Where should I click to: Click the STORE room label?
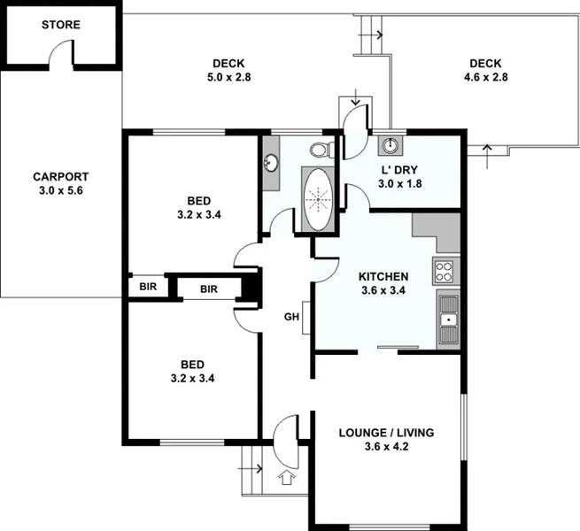click(x=60, y=25)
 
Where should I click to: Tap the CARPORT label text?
click(x=60, y=175)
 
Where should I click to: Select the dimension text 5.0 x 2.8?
click(x=229, y=77)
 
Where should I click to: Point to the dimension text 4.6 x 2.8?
click(x=485, y=77)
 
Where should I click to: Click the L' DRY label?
click(x=399, y=169)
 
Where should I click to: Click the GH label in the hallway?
click(x=290, y=317)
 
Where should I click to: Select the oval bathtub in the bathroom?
click(x=317, y=198)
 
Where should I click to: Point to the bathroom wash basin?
click(x=271, y=163)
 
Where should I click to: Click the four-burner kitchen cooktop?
click(x=445, y=271)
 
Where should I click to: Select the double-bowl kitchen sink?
click(x=447, y=319)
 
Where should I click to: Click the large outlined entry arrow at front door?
click(x=286, y=478)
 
